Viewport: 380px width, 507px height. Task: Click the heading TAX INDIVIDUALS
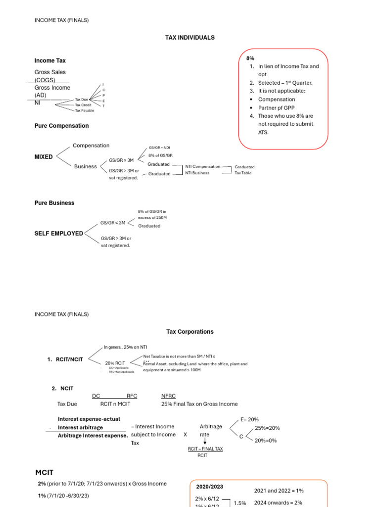pos(190,38)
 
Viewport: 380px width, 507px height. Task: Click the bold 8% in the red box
pos(250,58)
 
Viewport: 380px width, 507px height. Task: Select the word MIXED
pos(44,157)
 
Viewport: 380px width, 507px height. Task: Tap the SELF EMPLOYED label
pos(58,233)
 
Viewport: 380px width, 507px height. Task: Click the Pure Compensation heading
pos(61,126)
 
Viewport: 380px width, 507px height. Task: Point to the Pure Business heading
pos(54,203)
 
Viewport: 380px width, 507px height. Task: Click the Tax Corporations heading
pos(190,332)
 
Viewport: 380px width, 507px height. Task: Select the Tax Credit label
pos(83,105)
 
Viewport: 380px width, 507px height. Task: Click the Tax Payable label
pos(84,110)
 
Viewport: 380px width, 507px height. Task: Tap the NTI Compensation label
pos(202,167)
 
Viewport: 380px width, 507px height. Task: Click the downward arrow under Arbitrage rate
pos(205,442)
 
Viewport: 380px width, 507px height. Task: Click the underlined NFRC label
pos(168,396)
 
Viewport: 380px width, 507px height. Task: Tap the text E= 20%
pos(249,419)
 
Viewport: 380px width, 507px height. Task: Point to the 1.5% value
pos(240,503)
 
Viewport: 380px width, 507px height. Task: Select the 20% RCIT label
pos(115,363)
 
